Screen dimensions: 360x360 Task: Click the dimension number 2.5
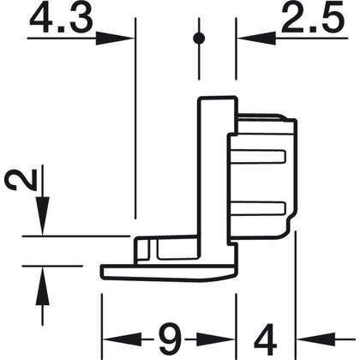313,18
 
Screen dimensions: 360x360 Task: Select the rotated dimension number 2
21,179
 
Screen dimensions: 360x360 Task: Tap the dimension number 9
170,339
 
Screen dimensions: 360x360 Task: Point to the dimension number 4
267,339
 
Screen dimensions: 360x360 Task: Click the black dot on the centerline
199,38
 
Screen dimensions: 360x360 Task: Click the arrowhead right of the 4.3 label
115,38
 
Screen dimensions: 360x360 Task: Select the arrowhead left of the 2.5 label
256,38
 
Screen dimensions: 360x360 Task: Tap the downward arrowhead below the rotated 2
43,216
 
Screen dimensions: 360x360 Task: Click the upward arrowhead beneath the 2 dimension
43,285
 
